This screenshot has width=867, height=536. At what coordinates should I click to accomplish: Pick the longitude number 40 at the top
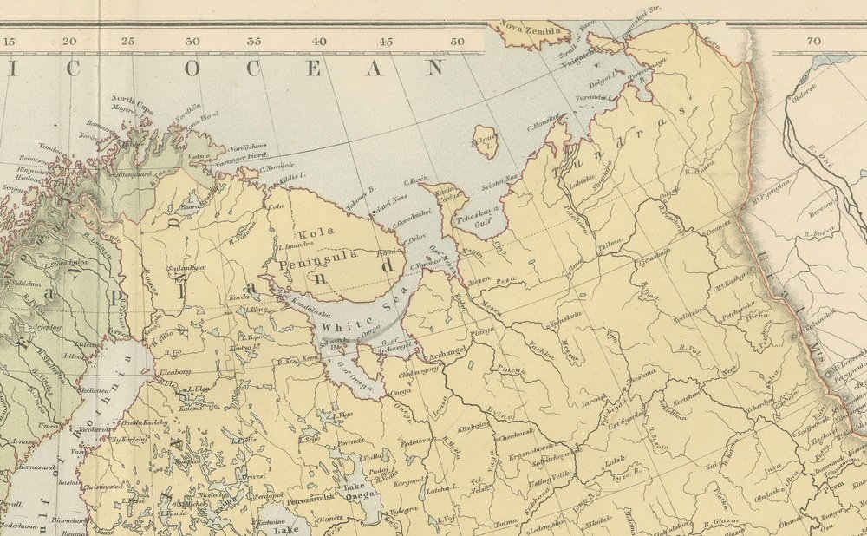click(319, 41)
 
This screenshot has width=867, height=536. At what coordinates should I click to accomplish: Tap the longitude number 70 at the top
click(812, 41)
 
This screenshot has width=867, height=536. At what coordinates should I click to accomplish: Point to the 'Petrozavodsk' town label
click(311, 500)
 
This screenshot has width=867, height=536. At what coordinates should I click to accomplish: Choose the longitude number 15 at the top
click(10, 41)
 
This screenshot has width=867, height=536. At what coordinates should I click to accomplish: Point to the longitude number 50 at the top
click(456, 41)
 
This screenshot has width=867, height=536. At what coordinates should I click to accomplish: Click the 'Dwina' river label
click(501, 412)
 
